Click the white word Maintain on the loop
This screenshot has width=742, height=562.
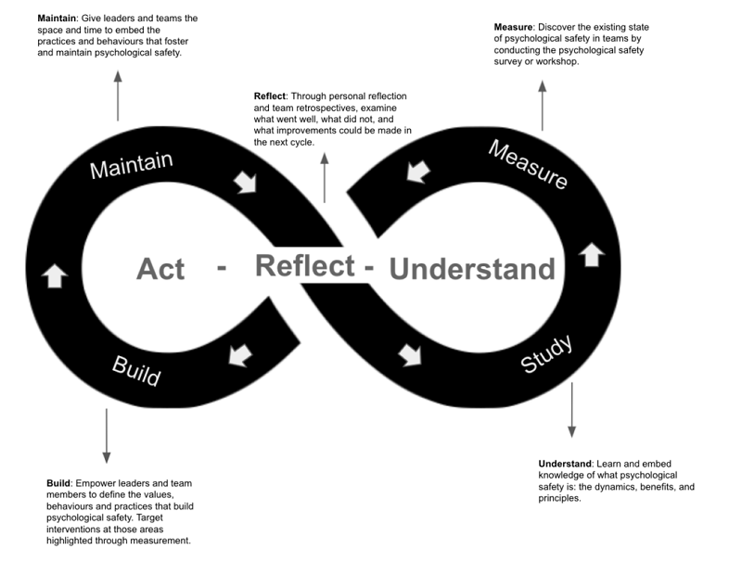[x=131, y=165]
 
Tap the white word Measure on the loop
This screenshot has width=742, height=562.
[x=528, y=165]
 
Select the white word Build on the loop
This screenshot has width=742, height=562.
[x=136, y=370]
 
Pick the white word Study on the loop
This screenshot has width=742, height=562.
[x=547, y=355]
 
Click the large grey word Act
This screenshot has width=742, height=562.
[x=160, y=269]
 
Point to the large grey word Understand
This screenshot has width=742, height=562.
[x=472, y=269]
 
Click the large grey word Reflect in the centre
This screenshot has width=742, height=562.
[x=305, y=265]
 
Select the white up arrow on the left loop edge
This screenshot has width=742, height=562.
[x=55, y=275]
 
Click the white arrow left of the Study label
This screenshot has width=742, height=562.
[x=409, y=353]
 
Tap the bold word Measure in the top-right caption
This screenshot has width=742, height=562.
[x=513, y=27]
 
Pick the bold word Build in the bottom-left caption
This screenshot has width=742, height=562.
[x=58, y=483]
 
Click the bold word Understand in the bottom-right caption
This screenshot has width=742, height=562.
[x=565, y=464]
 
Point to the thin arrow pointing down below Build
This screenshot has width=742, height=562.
[x=107, y=435]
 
